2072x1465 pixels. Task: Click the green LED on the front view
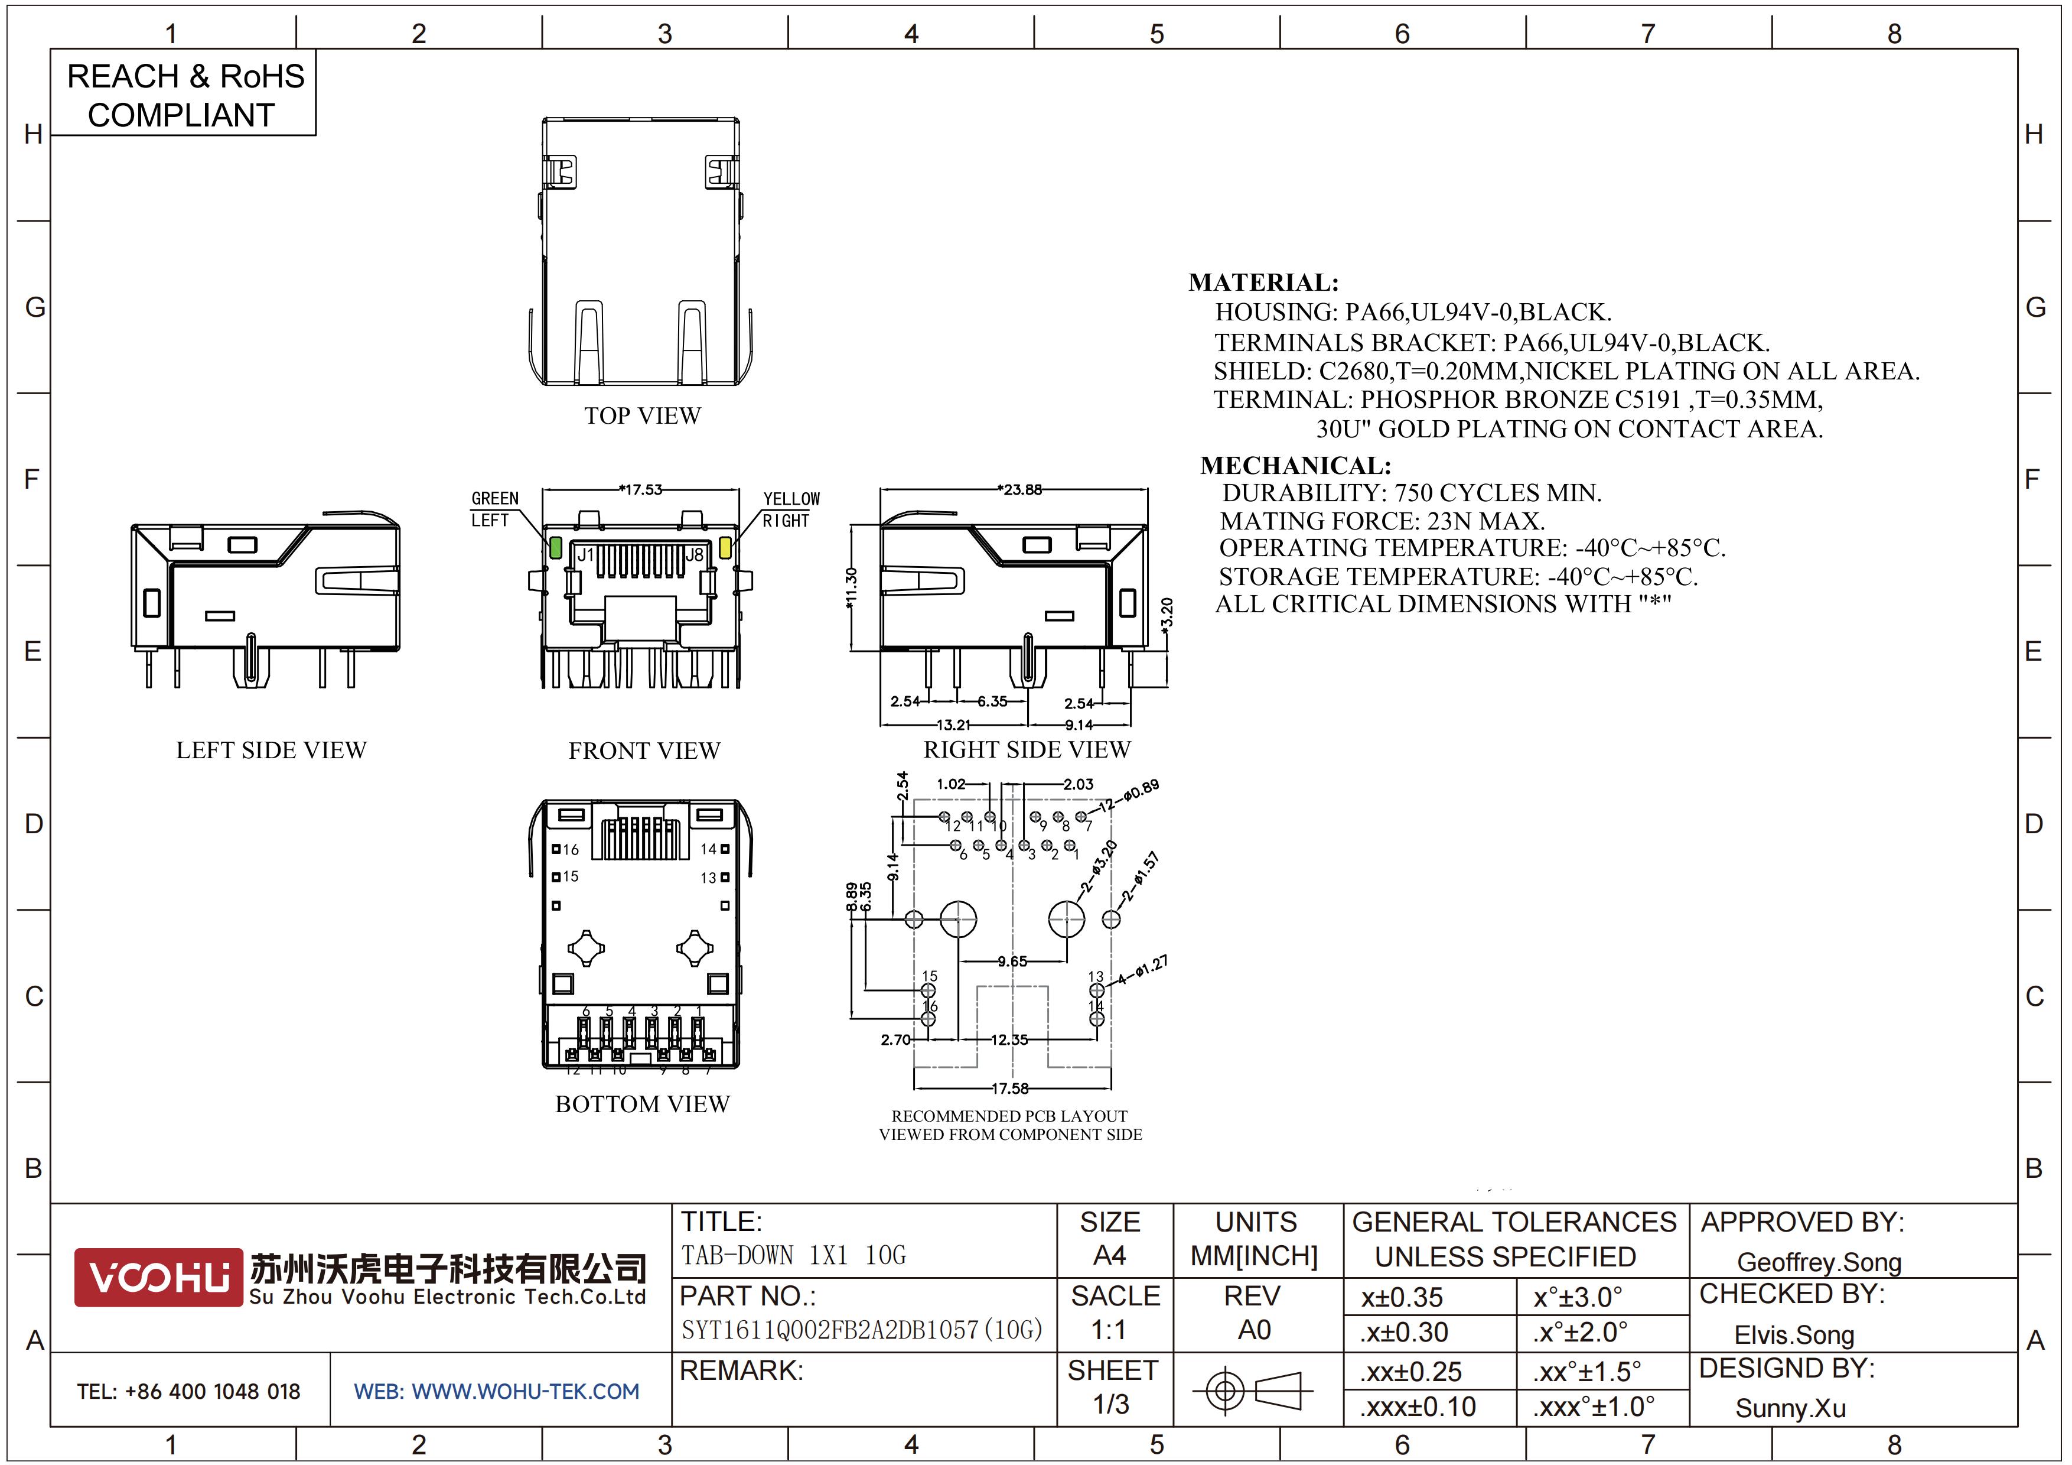[556, 547]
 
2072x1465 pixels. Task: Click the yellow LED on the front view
[725, 547]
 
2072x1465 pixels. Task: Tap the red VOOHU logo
[159, 1277]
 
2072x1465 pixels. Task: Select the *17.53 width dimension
[641, 489]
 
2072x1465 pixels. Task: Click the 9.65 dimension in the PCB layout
[1012, 961]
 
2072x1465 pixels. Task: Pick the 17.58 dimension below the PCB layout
[1011, 1089]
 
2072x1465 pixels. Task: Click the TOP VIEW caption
[643, 416]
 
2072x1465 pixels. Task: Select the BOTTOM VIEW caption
[643, 1104]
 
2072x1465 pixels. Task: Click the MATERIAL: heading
[1263, 282]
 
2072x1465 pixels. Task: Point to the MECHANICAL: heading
[1296, 466]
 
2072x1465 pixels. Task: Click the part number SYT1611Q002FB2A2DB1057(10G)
[862, 1330]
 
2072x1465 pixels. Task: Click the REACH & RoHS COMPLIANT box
[183, 94]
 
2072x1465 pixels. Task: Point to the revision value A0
[1255, 1330]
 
